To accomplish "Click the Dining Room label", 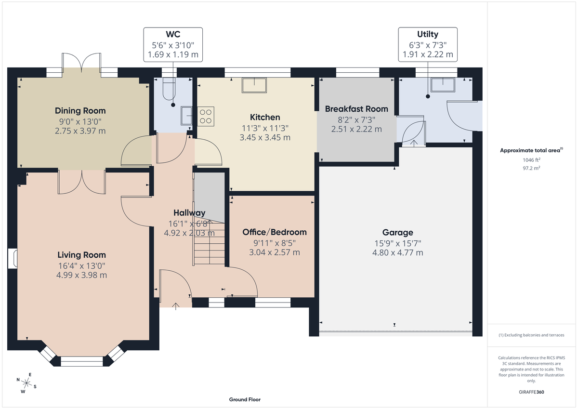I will pyautogui.click(x=80, y=111).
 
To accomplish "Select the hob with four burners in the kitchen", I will pyautogui.click(x=206, y=116).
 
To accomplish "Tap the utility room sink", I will pyautogui.click(x=442, y=85).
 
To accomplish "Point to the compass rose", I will pyautogui.click(x=27, y=383).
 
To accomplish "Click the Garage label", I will pyautogui.click(x=398, y=232).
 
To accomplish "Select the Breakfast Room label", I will pyautogui.click(x=356, y=109).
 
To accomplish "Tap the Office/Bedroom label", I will pyautogui.click(x=274, y=232).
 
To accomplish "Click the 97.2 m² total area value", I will pyautogui.click(x=530, y=168).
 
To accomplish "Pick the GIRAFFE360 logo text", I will pyautogui.click(x=530, y=392).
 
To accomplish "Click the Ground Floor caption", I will pyautogui.click(x=245, y=399).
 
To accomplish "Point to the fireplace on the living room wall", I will pyautogui.click(x=13, y=258).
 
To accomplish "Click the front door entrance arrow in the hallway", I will pyautogui.click(x=176, y=305).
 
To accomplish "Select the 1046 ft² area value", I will pyautogui.click(x=530, y=160).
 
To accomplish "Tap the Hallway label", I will pyautogui.click(x=189, y=213).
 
